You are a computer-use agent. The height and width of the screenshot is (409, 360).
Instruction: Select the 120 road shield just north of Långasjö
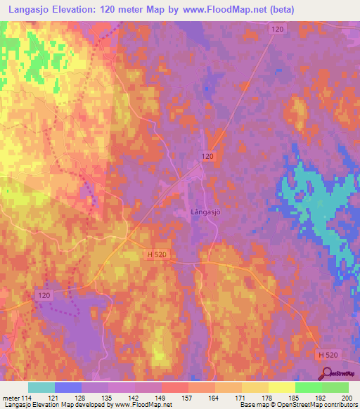(x=207, y=155)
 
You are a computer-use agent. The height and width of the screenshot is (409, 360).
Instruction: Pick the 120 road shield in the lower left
(x=45, y=296)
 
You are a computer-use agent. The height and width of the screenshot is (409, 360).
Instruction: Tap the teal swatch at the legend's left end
(x=41, y=387)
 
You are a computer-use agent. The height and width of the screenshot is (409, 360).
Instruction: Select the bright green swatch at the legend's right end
(x=335, y=387)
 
